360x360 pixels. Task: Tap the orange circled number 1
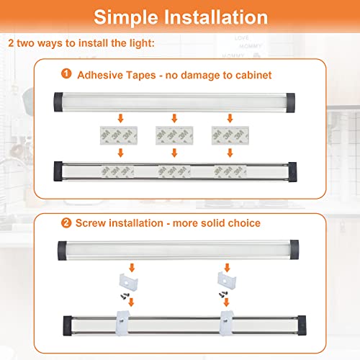click(x=66, y=73)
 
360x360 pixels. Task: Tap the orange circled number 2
click(x=66, y=223)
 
